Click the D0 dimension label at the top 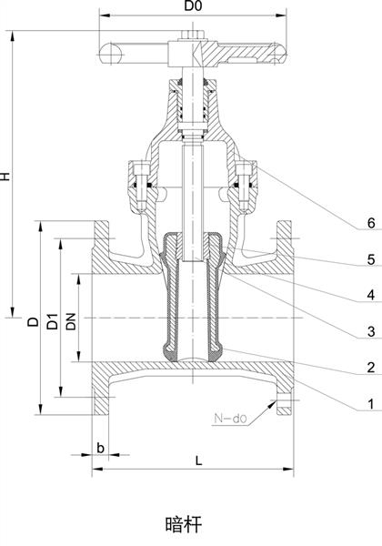coord(193,6)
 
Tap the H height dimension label coord(5,177)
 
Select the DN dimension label coord(71,321)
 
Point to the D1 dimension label coord(53,321)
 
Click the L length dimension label coord(198,460)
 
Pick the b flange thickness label coord(100,448)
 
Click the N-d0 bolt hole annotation coord(230,418)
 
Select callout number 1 coord(371,403)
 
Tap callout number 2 coord(371,368)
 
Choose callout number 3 coord(371,331)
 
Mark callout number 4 coord(371,295)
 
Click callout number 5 coord(371,259)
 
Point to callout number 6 coord(371,223)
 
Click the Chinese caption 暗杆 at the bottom coord(184,524)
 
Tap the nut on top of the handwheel coord(192,35)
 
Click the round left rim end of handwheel coord(110,54)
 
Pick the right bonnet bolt coord(243,187)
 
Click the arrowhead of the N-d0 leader coord(272,403)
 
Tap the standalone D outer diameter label coord(34,321)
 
